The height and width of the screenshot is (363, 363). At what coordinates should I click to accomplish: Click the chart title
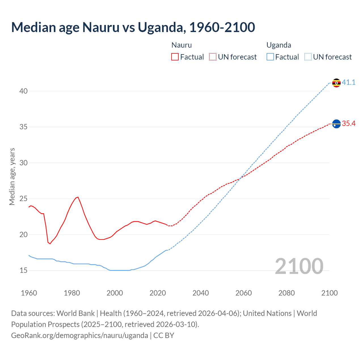click(133, 27)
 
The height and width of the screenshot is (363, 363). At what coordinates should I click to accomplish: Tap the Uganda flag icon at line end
click(336, 83)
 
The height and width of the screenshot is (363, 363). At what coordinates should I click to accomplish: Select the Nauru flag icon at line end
click(336, 124)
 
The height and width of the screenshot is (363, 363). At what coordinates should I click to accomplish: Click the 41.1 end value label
click(349, 83)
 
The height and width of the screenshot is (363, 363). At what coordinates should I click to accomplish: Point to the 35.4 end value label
click(349, 124)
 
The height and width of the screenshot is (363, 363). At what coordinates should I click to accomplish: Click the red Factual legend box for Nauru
click(175, 57)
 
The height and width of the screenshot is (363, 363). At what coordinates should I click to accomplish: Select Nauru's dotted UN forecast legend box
click(213, 57)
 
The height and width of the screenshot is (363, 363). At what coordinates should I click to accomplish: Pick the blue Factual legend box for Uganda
click(270, 57)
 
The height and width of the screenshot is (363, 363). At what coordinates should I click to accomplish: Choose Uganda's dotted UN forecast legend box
click(308, 57)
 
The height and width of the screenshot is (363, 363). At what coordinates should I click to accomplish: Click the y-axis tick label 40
click(24, 91)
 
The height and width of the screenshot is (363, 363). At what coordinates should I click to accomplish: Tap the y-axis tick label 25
click(24, 199)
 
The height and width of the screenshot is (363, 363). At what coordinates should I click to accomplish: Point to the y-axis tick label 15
click(24, 271)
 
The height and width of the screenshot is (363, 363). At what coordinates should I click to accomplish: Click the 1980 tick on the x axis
click(72, 293)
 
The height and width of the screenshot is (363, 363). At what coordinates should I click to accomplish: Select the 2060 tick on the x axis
click(244, 293)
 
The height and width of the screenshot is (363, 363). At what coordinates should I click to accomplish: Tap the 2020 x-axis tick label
click(158, 293)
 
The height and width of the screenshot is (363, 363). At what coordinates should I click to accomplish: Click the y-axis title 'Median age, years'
click(12, 176)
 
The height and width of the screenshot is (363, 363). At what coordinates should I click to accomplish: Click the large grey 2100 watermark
click(299, 266)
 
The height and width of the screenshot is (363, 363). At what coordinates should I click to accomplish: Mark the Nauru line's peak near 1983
click(78, 197)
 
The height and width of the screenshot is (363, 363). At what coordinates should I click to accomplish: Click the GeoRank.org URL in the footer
click(79, 335)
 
